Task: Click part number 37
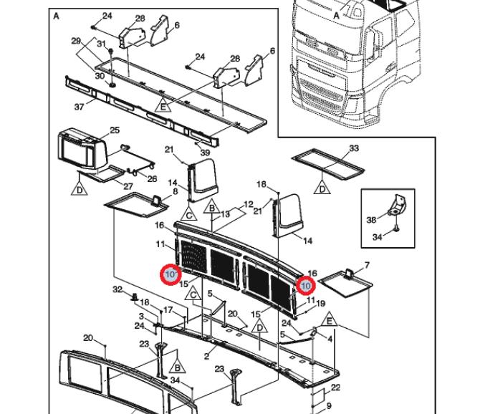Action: click(80, 107)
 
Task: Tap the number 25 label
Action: click(114, 130)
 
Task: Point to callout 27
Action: click(128, 186)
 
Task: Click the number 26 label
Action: click(151, 178)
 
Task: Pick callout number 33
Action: click(353, 148)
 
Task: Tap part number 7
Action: click(367, 266)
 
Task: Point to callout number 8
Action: click(175, 193)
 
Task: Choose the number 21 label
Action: click(169, 149)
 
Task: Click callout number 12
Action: click(249, 204)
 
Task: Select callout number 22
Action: click(335, 387)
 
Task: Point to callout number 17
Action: click(168, 310)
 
